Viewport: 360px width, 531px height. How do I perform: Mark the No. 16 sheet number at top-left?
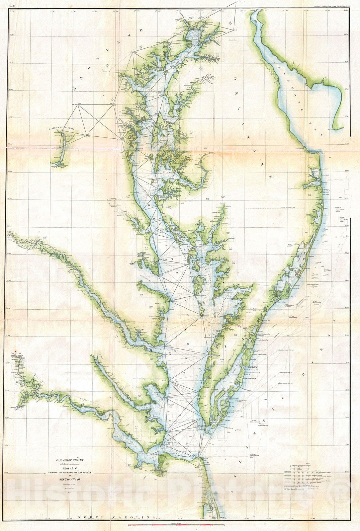click(x=13, y=6)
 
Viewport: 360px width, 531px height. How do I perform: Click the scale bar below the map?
click(x=176, y=525)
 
